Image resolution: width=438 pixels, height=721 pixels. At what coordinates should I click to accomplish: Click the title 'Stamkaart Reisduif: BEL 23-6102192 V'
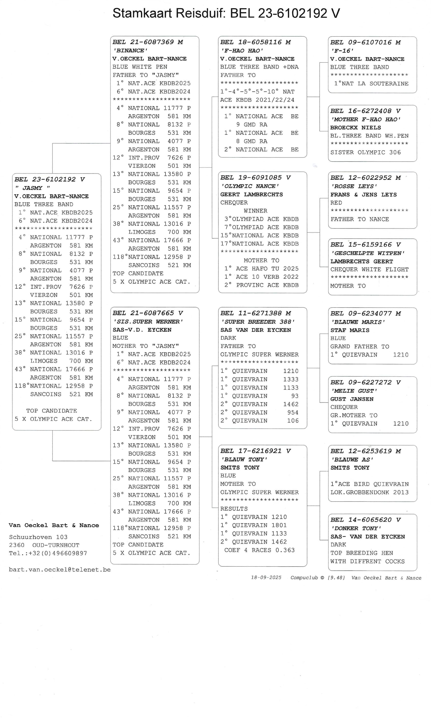pyautogui.click(x=226, y=13)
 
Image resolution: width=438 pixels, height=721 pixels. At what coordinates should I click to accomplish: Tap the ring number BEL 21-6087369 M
pyautogui.click(x=148, y=42)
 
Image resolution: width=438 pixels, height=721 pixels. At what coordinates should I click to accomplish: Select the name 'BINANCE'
pyautogui.click(x=130, y=51)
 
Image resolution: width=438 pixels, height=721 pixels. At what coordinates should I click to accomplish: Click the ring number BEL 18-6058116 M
pyautogui.click(x=255, y=42)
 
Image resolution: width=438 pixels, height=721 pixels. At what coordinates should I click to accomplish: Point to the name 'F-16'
pyautogui.click(x=342, y=51)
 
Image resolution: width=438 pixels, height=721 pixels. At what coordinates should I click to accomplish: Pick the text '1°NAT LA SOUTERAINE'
pyautogui.click(x=371, y=84)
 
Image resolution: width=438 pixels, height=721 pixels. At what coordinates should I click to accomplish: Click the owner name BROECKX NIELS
pyautogui.click(x=356, y=127)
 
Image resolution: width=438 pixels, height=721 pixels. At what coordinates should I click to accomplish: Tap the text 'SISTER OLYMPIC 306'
pyautogui.click(x=365, y=152)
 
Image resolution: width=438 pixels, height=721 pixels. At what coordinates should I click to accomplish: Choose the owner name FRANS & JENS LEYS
pyautogui.click(x=363, y=195)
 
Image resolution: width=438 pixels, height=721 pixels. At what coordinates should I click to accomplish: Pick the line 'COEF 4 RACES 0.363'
pyautogui.click(x=259, y=550)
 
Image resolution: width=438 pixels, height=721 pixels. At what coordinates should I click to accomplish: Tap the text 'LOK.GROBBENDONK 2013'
pyautogui.click(x=369, y=492)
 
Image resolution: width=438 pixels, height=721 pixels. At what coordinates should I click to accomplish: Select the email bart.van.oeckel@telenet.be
pyautogui.click(x=60, y=570)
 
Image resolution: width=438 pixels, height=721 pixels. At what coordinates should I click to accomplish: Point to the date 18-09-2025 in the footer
pyautogui.click(x=266, y=578)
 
